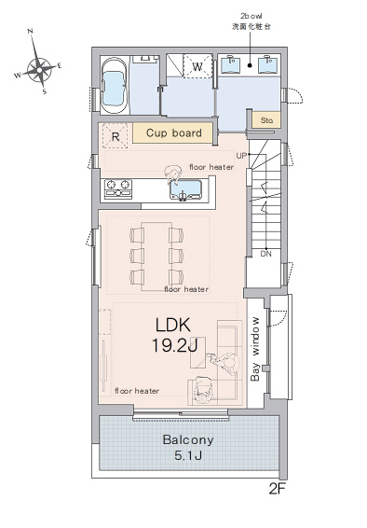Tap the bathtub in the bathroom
point(115,86)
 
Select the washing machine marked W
point(197,66)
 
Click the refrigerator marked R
point(116,135)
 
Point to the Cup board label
point(174,132)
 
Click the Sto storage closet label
point(266,120)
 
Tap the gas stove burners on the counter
point(118,188)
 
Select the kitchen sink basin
point(186,189)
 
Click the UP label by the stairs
point(241,156)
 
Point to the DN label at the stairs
point(265,254)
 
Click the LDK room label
point(172,325)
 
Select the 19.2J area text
point(174,345)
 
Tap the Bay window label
point(255,349)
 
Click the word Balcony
point(188,439)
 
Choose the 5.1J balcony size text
point(188,455)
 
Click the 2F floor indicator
point(277,489)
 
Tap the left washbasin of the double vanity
point(231,64)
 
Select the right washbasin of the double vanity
point(268,64)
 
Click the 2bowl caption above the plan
point(251,16)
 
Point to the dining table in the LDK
point(156,257)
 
